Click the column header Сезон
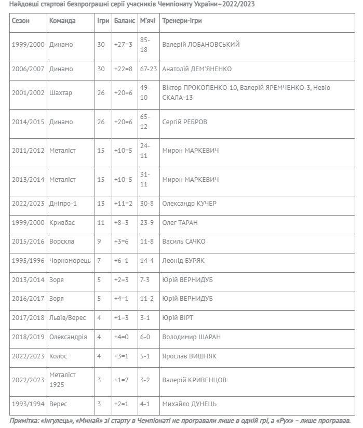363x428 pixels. [21, 21]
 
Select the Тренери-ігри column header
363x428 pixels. [182, 21]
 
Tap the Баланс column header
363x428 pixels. [124, 21]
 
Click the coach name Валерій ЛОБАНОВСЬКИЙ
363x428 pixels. [201, 45]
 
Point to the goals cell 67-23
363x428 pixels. [149, 69]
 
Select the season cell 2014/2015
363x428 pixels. [28, 122]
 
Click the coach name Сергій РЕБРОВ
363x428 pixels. [184, 122]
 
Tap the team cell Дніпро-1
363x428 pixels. [63, 203]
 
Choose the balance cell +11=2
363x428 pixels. [124, 203]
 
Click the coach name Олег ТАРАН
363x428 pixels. [180, 222]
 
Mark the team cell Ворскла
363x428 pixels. [62, 242]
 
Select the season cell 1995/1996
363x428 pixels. [28, 261]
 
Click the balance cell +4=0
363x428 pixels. [122, 337]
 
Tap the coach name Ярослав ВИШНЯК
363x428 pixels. [189, 356]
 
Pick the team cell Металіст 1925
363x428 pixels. [63, 380]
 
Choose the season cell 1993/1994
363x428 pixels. [28, 404]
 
